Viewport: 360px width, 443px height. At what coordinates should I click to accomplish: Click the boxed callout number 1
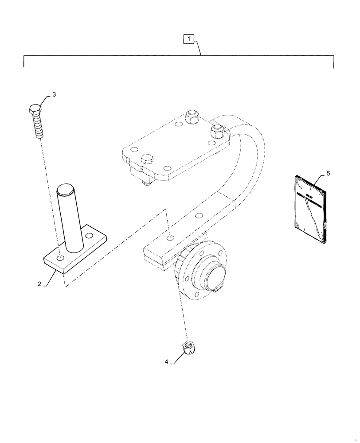189,39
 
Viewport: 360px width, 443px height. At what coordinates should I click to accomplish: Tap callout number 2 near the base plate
39,284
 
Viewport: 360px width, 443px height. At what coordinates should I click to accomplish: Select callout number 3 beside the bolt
54,94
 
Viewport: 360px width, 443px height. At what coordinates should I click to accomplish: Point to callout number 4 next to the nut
167,362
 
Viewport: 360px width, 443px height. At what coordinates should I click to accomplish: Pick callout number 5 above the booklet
328,173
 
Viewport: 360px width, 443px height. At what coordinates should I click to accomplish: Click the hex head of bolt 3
35,109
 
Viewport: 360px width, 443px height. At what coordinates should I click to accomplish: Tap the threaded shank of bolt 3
38,126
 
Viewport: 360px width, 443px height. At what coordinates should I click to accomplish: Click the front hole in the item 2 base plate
60,258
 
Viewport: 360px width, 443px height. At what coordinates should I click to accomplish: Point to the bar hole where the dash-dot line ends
169,238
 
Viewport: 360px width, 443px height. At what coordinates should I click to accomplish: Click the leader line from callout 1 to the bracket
198,47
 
